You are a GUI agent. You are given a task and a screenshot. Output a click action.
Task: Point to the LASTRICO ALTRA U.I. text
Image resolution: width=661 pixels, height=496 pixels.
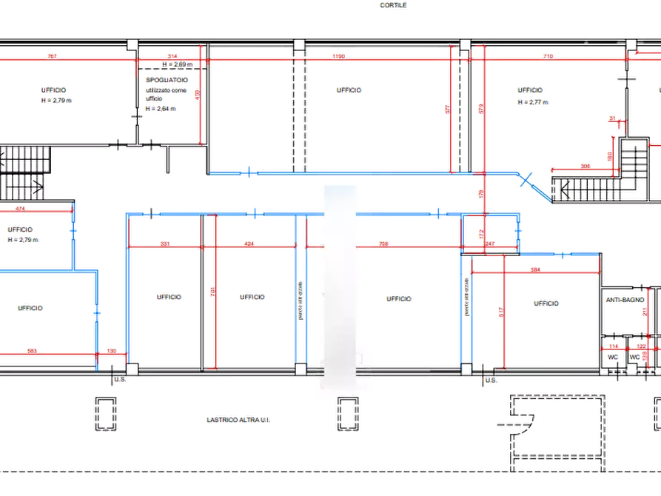[x=239, y=420]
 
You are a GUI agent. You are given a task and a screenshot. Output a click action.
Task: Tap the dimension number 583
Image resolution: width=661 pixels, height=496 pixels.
[x=32, y=350]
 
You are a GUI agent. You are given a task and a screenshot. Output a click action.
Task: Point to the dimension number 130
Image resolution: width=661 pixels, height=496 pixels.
[x=111, y=350]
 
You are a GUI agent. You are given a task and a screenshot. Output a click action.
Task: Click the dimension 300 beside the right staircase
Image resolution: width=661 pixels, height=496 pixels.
[x=584, y=167]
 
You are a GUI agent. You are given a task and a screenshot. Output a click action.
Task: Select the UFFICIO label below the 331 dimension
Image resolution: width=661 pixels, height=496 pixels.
[x=169, y=297]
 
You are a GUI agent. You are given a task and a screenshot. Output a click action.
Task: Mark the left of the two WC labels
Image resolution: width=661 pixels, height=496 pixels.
[x=612, y=356]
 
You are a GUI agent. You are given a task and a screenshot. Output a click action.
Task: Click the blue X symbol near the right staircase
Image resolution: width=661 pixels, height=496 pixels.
[x=526, y=178]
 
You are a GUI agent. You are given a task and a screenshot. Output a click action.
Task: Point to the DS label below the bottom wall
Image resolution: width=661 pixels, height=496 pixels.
[x=489, y=381]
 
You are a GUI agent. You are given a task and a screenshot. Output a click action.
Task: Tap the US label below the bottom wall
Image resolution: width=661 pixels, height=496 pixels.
[x=119, y=381]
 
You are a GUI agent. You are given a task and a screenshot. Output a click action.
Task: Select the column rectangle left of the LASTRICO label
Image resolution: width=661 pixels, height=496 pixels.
[x=104, y=412]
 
